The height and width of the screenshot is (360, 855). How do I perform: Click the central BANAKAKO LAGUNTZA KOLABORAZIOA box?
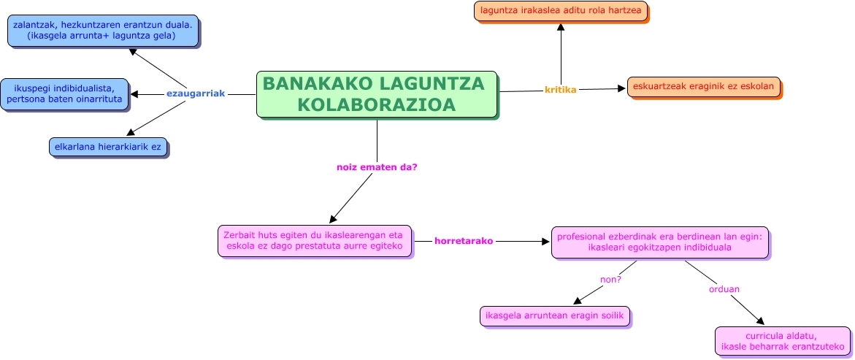tap(377, 94)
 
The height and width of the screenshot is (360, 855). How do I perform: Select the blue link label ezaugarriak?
tap(196, 93)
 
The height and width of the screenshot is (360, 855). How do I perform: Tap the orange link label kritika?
tap(561, 90)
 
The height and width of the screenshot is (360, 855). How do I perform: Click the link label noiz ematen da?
tap(377, 167)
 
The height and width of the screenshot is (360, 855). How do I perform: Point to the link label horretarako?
tap(464, 240)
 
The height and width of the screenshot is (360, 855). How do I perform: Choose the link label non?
tap(610, 278)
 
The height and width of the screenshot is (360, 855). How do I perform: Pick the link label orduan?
tap(724, 289)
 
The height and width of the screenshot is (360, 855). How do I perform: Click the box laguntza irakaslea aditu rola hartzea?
tap(561, 11)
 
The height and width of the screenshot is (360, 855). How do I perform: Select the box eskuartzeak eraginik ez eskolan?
tap(704, 86)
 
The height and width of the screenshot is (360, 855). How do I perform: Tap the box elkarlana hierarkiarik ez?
tap(108, 146)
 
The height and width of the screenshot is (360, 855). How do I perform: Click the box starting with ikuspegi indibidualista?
tap(64, 93)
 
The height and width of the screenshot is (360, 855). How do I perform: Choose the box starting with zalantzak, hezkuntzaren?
tap(103, 30)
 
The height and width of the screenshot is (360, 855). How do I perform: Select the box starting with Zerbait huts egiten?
tap(315, 240)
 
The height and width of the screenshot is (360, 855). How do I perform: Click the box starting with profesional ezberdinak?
tap(659, 242)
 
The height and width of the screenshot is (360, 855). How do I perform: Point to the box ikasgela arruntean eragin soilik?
tap(554, 315)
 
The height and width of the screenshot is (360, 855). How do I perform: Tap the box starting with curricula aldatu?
tap(782, 340)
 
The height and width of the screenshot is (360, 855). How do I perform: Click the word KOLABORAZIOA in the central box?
tap(377, 104)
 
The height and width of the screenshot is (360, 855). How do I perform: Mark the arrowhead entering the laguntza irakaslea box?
tap(561, 27)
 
